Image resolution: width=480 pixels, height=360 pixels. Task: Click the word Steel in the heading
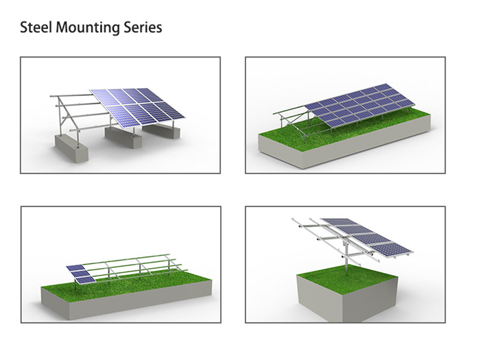(36, 27)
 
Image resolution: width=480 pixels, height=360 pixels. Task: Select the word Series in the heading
(143, 27)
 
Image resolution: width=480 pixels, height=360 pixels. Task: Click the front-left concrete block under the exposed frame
(71, 149)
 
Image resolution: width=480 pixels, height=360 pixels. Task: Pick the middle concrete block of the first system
(123, 137)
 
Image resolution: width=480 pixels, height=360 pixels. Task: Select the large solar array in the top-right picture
(360, 104)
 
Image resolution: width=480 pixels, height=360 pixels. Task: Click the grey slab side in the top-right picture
(344, 147)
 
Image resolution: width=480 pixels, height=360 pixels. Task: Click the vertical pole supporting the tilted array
(346, 258)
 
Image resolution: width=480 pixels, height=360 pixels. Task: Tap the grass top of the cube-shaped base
(348, 276)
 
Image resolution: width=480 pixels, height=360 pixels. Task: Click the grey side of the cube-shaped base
(348, 302)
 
